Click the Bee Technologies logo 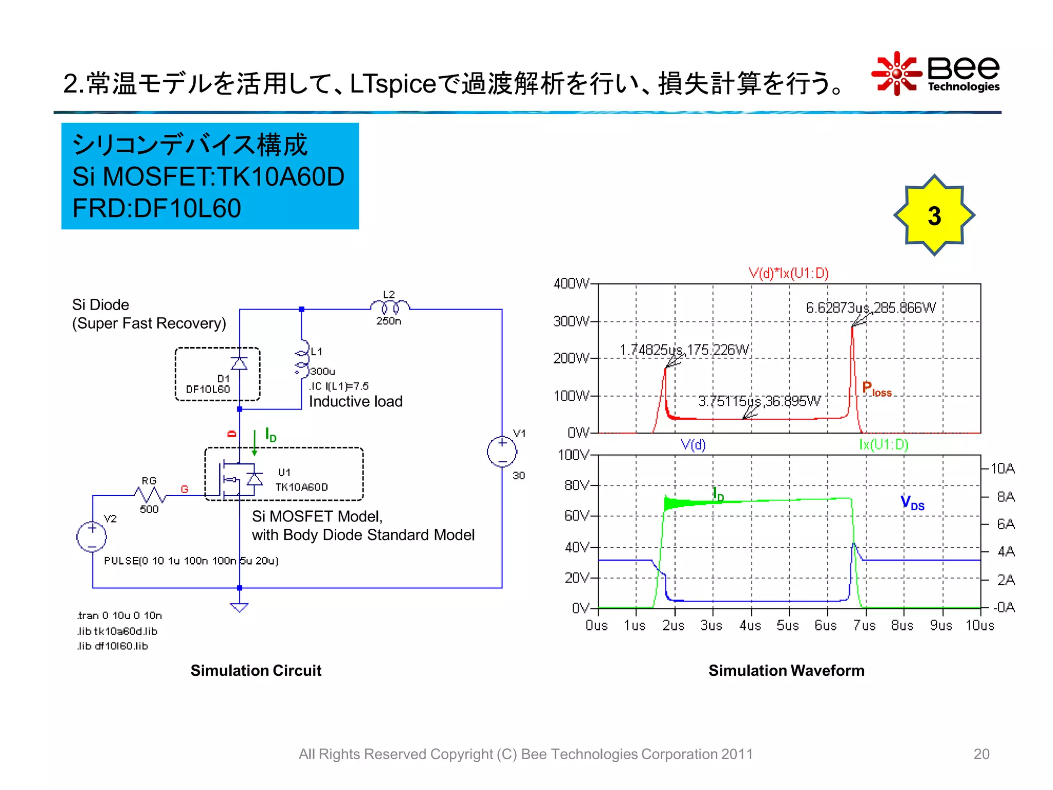(x=936, y=74)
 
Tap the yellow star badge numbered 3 (x=934, y=215)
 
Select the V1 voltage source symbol (x=502, y=452)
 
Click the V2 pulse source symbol (x=92, y=536)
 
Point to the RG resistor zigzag (x=150, y=495)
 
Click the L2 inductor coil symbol (x=390, y=307)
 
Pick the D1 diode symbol (x=239, y=364)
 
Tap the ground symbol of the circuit (x=239, y=607)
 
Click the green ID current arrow (x=255, y=443)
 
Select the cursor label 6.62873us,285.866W (x=870, y=308)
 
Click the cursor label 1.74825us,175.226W (x=684, y=350)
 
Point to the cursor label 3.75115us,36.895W (x=759, y=401)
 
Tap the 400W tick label (x=571, y=283)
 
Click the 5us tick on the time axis (x=788, y=625)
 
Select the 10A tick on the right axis (x=1003, y=469)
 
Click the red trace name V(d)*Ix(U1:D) (x=788, y=273)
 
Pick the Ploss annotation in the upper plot (x=877, y=389)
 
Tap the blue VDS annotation (x=912, y=502)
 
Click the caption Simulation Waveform (x=786, y=671)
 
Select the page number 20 (x=981, y=754)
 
